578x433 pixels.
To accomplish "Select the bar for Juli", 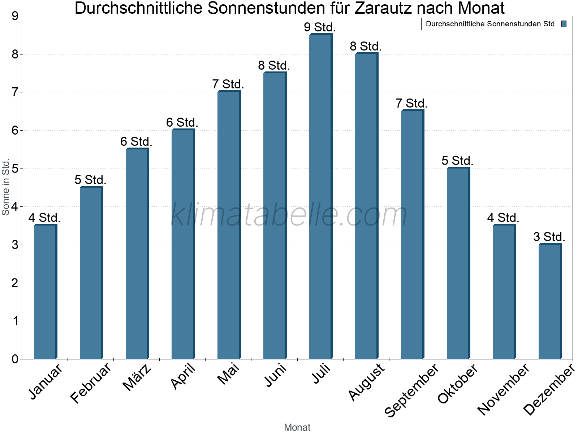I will [x=320, y=197].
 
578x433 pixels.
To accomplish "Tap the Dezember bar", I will [x=550, y=301].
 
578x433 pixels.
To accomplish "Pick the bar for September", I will [x=412, y=235].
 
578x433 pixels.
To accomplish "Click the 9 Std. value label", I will [x=320, y=27].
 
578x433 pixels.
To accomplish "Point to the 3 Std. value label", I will [x=549, y=237].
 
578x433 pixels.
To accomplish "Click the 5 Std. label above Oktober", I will [x=457, y=161].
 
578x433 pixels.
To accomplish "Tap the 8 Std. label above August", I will [x=366, y=47].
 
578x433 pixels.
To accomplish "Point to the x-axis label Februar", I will [x=91, y=384].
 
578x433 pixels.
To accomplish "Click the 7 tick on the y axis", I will [x=15, y=92].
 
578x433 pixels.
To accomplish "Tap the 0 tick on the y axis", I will [x=15, y=359].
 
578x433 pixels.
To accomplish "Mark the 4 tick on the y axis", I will [x=15, y=207].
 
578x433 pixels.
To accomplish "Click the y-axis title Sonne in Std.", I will [x=6, y=187].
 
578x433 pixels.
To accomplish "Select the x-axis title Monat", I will [x=297, y=427].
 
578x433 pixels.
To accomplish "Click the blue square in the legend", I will [x=564, y=24].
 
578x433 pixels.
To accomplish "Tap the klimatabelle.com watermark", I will [x=289, y=215].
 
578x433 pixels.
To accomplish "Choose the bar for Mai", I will [x=229, y=225].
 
